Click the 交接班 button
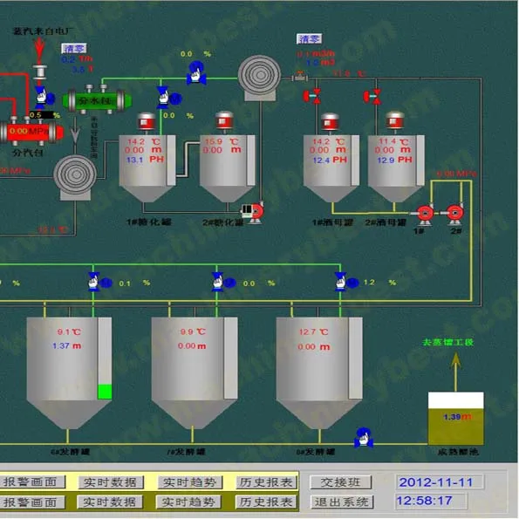tap(342, 482)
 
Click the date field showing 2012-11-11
tap(435, 482)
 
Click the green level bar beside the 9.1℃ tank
tap(105, 392)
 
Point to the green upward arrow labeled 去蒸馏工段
tap(454, 372)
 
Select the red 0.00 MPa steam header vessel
tap(31, 132)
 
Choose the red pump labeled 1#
tap(425, 212)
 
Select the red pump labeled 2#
tap(454, 212)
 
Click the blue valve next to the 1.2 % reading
tap(340, 281)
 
